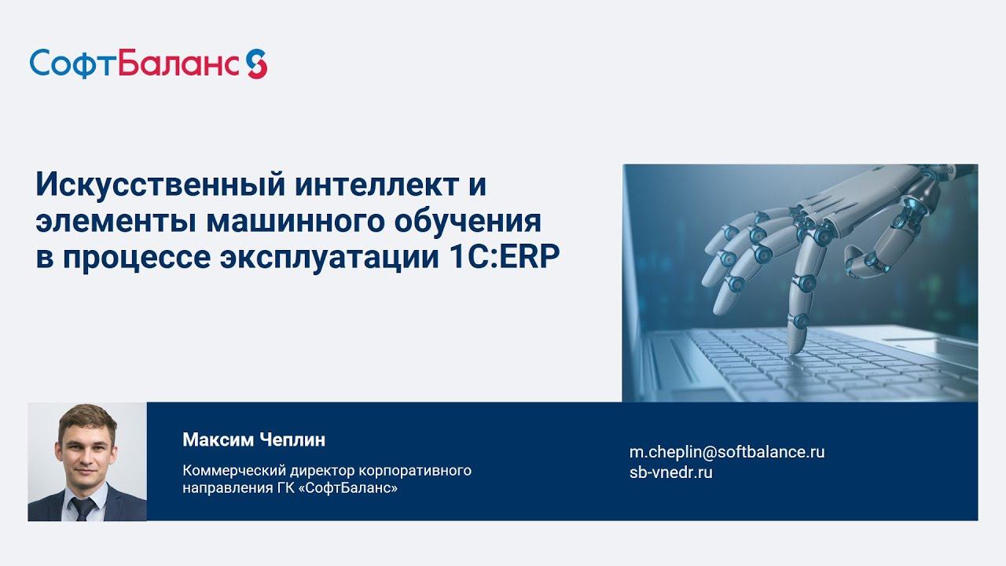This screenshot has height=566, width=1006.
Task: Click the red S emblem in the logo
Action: click(x=256, y=63)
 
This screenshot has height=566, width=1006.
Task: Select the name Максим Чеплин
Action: click(x=253, y=439)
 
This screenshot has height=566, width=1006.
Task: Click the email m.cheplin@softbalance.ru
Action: click(x=727, y=451)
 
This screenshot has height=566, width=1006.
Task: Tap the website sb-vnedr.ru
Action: click(x=670, y=472)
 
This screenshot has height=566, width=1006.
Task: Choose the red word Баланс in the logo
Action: click(x=179, y=63)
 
